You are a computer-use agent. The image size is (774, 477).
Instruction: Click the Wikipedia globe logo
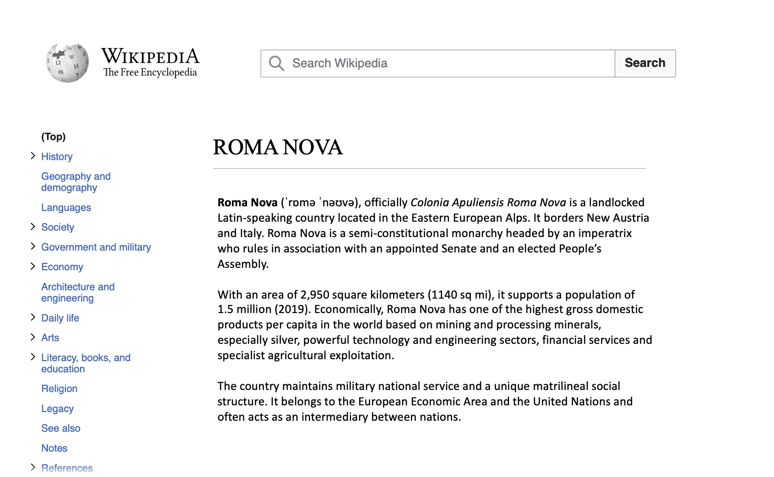click(67, 63)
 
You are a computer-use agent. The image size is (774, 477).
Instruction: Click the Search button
click(645, 63)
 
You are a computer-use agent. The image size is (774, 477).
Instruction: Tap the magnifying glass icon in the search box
click(276, 63)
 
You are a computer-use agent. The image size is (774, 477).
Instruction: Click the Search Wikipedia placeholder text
click(339, 63)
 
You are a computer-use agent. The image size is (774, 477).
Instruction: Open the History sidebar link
click(57, 157)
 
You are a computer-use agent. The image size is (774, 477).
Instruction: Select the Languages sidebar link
click(66, 208)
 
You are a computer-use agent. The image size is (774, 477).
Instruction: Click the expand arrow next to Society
click(33, 227)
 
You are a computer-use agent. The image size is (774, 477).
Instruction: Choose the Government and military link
click(96, 247)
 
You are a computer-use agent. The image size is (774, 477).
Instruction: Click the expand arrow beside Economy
click(33, 266)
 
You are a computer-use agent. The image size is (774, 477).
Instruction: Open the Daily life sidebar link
click(60, 318)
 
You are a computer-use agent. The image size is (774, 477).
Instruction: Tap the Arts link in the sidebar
click(50, 338)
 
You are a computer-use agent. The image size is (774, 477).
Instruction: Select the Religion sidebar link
click(59, 389)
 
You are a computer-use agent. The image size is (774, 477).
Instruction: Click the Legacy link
click(57, 409)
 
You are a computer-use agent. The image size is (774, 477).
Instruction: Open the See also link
click(61, 428)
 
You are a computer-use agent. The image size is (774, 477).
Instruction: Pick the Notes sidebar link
click(54, 448)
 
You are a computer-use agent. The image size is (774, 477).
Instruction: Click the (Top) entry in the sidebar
click(53, 137)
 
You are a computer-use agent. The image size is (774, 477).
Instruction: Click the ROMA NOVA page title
click(277, 147)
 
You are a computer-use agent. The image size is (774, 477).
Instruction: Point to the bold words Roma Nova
click(248, 202)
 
